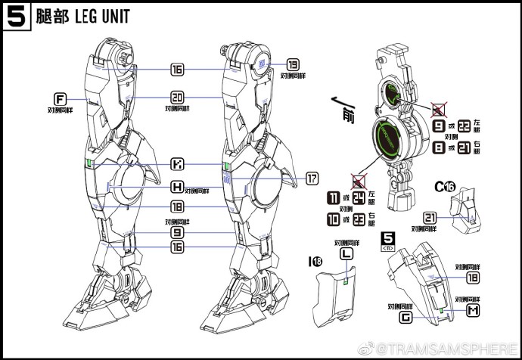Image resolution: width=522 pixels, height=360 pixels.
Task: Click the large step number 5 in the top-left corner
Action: [x=14, y=17]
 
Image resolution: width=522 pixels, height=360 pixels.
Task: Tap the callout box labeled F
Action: [x=60, y=99]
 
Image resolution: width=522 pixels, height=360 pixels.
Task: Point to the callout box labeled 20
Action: [x=177, y=97]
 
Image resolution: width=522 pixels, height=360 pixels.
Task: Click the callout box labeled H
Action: [x=176, y=187]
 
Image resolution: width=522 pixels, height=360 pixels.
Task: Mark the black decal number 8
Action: [x=438, y=151]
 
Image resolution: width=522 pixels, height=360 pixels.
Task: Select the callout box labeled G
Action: [x=405, y=318]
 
